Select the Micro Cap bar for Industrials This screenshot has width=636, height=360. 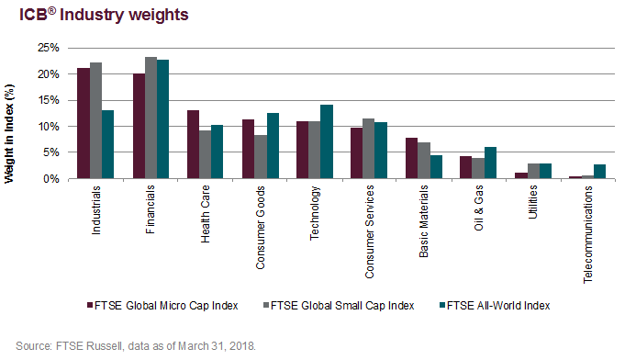(84, 123)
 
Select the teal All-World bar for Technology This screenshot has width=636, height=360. (328, 141)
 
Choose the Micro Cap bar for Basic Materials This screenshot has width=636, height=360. (412, 158)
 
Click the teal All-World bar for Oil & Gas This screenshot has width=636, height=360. (491, 163)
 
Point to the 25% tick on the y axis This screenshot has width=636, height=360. (48, 48)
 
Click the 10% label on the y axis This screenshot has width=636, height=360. (48, 126)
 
